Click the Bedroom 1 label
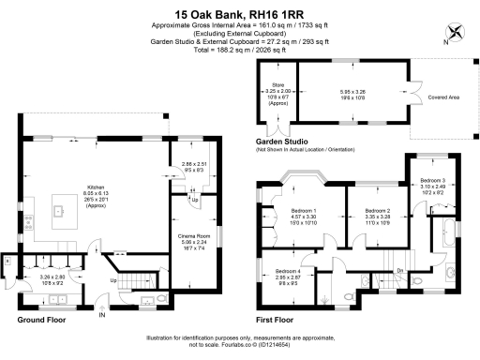pos(303,211)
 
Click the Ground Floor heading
pos(44,320)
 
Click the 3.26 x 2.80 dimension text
pos(51,277)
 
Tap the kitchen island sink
pos(58,211)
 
